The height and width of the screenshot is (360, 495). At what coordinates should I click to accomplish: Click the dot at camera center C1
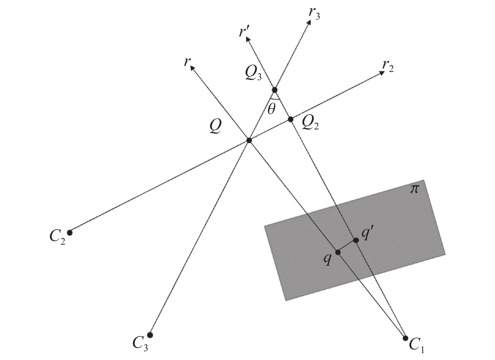click(x=405, y=338)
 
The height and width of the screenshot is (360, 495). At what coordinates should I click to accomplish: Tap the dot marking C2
click(x=70, y=233)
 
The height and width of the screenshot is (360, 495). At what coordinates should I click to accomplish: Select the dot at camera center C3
click(x=150, y=335)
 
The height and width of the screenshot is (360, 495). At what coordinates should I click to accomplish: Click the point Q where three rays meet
click(x=249, y=140)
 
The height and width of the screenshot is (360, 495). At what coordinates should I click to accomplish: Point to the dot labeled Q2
click(x=291, y=119)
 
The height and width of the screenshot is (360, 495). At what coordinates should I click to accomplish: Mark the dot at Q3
click(x=274, y=90)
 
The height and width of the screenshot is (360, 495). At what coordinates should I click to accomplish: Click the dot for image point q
click(x=338, y=252)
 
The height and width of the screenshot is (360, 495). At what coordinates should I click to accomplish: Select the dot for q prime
click(x=356, y=240)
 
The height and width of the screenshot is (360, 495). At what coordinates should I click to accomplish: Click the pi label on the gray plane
click(x=415, y=189)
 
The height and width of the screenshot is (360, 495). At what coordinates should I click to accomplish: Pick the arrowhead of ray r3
click(x=309, y=22)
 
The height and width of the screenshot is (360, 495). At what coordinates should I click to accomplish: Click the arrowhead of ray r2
click(x=382, y=73)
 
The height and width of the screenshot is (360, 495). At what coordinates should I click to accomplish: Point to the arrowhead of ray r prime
click(x=248, y=39)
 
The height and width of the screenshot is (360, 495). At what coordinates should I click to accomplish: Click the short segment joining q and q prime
click(x=347, y=246)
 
